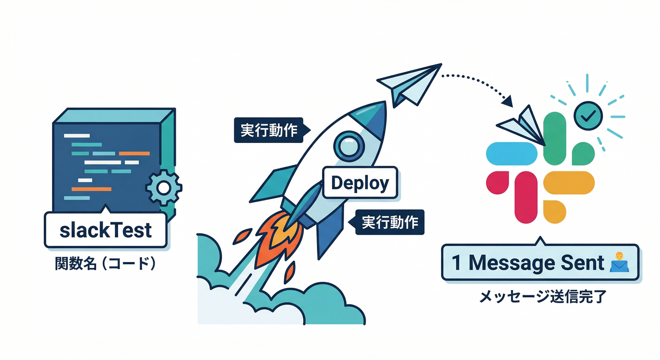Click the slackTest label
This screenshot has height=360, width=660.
106,230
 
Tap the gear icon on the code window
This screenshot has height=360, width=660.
164,188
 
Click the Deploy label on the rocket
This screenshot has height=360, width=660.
360,183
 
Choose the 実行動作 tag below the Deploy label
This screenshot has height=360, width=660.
390,222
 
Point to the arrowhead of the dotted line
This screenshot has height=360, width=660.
507,100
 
